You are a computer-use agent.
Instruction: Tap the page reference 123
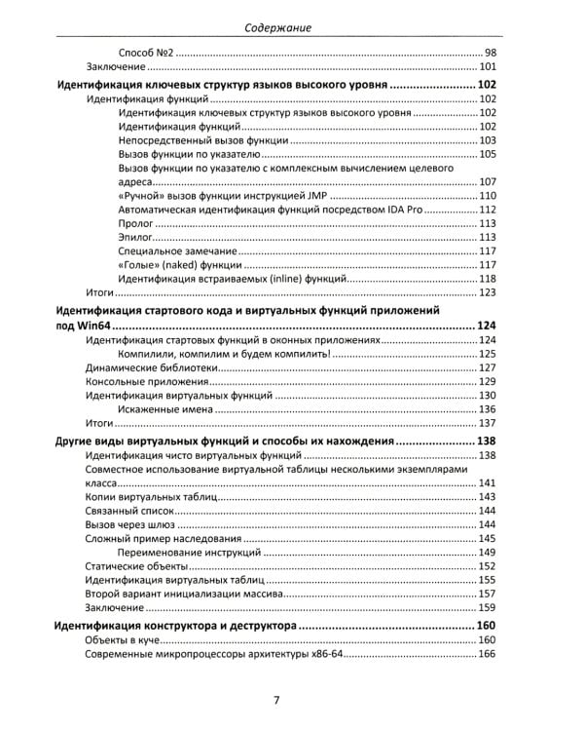click(x=488, y=292)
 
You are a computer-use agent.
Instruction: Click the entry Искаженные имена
click(x=163, y=409)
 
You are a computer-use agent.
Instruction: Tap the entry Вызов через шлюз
click(x=135, y=524)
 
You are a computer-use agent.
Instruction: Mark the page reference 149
click(x=488, y=553)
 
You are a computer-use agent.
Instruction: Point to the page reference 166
click(x=488, y=653)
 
